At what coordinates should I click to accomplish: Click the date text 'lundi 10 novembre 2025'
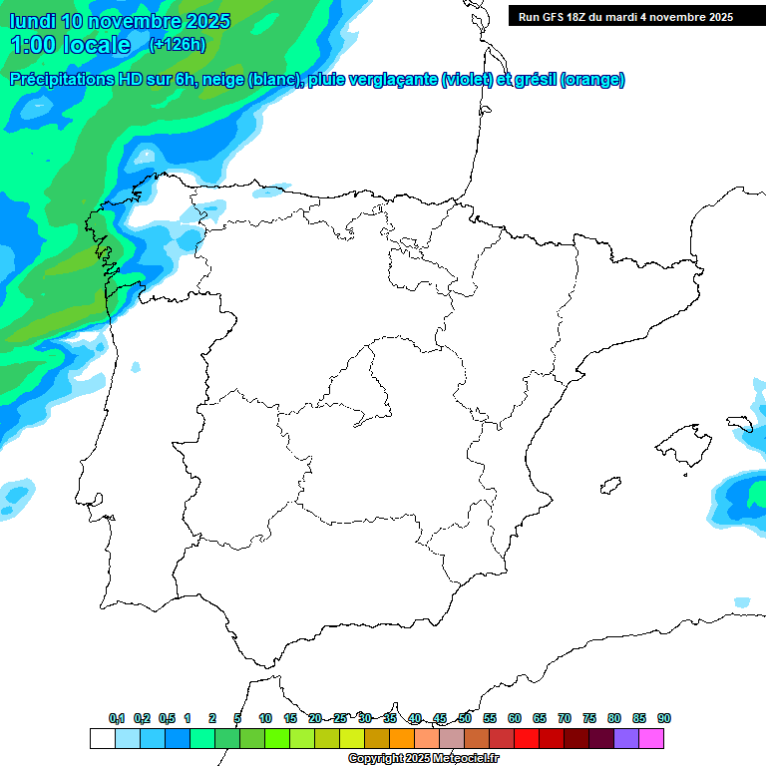point(120,21)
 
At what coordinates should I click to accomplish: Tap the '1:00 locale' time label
point(70,45)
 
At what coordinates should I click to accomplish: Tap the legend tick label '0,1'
point(117,718)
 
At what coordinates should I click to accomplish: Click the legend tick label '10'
point(265,718)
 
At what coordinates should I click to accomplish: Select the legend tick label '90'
point(664,718)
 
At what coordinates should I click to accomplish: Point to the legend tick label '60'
point(515,718)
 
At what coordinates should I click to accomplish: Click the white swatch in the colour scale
point(102,738)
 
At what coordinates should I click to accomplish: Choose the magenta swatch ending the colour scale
point(651,738)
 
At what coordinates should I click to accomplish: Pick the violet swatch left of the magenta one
point(626,738)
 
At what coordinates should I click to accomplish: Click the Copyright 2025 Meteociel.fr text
point(423,759)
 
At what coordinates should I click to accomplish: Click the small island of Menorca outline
point(739,423)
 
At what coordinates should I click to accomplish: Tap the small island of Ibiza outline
point(606,486)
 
